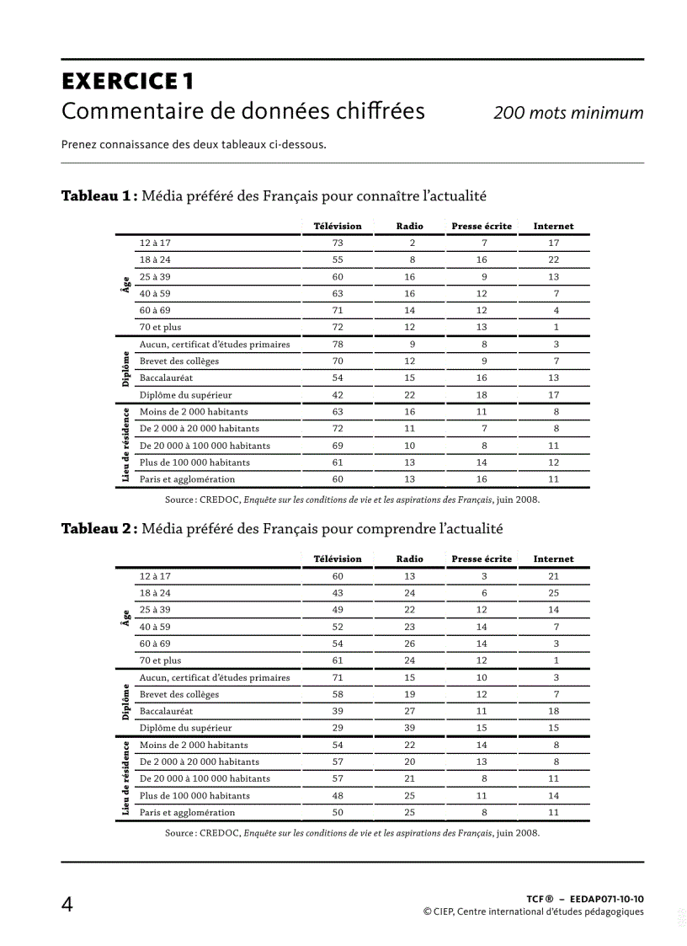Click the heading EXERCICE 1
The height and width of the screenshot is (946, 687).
click(128, 82)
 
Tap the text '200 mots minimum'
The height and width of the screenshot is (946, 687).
click(568, 113)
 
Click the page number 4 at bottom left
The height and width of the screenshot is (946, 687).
click(67, 905)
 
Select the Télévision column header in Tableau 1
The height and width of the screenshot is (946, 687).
click(338, 226)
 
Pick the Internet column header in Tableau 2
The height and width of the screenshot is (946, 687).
click(553, 559)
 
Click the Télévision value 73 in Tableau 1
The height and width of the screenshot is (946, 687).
click(338, 243)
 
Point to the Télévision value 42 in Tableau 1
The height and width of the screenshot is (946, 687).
click(338, 394)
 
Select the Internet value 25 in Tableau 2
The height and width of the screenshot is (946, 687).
click(553, 593)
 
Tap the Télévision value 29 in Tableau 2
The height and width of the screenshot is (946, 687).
click(338, 728)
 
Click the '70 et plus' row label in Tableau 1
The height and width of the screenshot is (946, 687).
click(160, 327)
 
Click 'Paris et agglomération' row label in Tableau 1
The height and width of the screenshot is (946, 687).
click(187, 479)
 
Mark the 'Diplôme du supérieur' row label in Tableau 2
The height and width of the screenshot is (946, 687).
click(185, 728)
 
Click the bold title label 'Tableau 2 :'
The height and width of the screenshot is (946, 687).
click(99, 529)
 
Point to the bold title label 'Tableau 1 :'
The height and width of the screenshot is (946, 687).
click(99, 196)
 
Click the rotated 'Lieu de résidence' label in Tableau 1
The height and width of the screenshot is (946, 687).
click(125, 446)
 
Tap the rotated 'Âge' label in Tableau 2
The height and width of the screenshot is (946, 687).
click(125, 618)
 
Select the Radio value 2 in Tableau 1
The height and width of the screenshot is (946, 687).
click(413, 243)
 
